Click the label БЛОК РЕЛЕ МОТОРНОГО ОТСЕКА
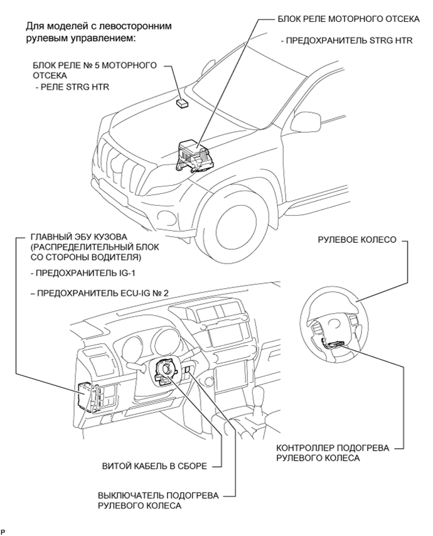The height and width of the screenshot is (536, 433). [x=348, y=19]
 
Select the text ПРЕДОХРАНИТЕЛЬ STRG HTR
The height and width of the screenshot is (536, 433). [x=349, y=41]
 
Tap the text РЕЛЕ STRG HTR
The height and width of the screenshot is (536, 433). [x=75, y=87]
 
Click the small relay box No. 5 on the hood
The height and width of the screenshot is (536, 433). [x=183, y=102]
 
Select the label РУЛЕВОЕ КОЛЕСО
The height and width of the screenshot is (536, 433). [x=357, y=240]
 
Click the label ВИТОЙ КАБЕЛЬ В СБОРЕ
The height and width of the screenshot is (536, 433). [x=154, y=466]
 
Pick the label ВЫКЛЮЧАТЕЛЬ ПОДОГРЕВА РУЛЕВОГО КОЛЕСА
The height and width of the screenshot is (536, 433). [x=158, y=500]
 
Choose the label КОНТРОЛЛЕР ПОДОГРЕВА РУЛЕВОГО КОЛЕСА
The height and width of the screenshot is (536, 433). [x=333, y=453]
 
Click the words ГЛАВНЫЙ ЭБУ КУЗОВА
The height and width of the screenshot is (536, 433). [x=79, y=237]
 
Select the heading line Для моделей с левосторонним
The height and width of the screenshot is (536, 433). [x=99, y=26]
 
